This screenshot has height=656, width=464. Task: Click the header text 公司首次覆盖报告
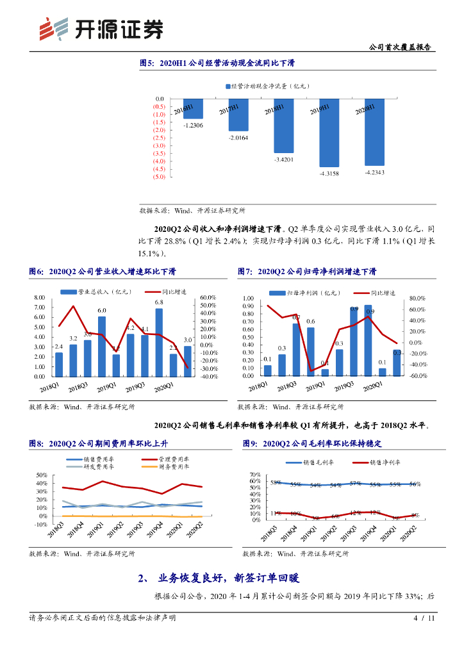(x=401, y=47)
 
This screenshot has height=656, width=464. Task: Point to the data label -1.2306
(x=193, y=126)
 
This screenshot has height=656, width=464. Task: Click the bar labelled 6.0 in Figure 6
(x=102, y=346)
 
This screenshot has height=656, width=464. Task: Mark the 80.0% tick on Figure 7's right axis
(x=417, y=299)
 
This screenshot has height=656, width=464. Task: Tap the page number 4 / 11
(x=424, y=618)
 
